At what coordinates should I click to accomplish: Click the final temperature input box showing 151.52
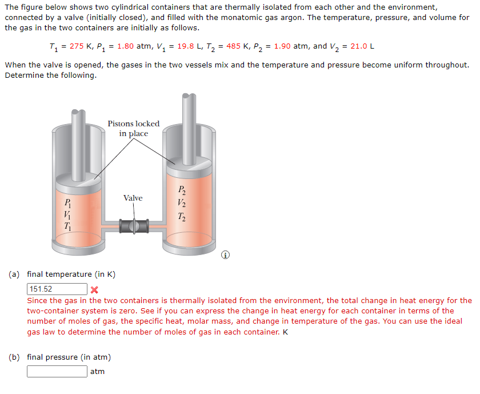click(57, 289)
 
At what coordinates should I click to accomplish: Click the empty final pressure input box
click(57, 372)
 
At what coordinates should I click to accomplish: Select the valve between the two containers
click(133, 225)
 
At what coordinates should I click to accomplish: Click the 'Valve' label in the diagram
click(133, 198)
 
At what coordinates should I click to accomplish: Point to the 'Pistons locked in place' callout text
click(134, 129)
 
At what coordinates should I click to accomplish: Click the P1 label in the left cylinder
click(67, 201)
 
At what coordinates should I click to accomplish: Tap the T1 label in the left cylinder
click(67, 226)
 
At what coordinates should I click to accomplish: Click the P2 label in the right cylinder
click(181, 190)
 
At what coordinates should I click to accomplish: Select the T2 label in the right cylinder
click(181, 216)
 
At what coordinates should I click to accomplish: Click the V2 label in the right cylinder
click(181, 203)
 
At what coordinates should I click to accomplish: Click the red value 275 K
click(81, 46)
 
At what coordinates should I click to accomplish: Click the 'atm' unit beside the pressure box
click(98, 372)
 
